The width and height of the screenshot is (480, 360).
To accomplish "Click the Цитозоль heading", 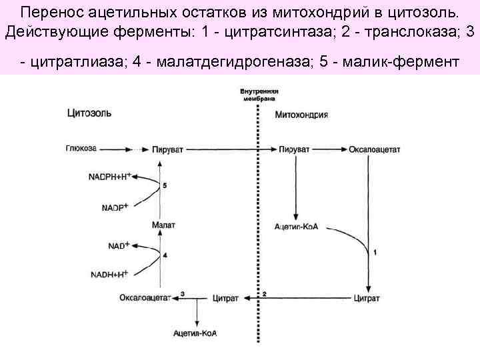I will coord(89,113).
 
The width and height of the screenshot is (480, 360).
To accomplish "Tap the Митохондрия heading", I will coord(301,114).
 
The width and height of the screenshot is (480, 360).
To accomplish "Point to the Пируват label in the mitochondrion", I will coord(294,149).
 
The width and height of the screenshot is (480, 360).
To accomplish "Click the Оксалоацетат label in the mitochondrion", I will coord(375,149).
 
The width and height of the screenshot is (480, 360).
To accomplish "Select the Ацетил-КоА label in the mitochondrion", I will coord(297,227).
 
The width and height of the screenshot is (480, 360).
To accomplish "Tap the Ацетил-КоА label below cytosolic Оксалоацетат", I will coord(195,332).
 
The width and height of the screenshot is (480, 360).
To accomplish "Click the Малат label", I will coord(163,225).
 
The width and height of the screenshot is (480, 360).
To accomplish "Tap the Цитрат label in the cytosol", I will coord(225,297).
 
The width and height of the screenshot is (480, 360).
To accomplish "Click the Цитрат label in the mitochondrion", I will coord(367,297).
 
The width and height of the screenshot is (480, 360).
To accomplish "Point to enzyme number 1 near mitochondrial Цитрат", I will coord(375,252).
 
